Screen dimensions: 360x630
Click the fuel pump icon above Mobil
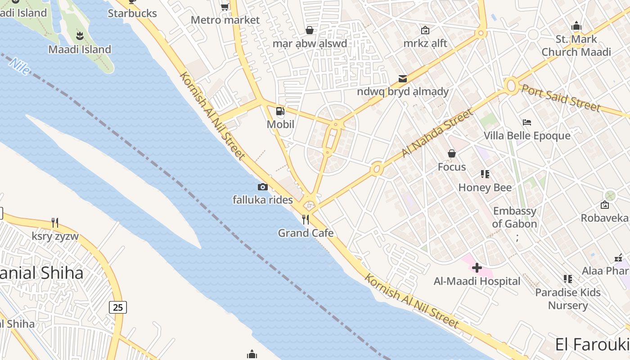coord(280,111)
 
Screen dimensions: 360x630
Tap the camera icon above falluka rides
coord(263,187)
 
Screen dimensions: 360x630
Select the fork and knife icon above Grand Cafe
coord(306,219)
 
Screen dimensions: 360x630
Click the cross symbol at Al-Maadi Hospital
coord(477,268)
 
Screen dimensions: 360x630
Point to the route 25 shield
coord(117,307)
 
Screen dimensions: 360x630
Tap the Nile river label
coord(19,66)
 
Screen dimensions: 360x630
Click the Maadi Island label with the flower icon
coord(80,49)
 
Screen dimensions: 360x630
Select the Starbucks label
coord(132,13)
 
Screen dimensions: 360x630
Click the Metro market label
coord(225,20)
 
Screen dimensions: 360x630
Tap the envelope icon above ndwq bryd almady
coord(402,79)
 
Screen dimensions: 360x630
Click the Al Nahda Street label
coord(436,133)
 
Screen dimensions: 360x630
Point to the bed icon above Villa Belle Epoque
coord(527,122)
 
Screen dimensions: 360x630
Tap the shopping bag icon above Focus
coord(452,153)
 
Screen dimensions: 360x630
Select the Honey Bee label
coord(485,187)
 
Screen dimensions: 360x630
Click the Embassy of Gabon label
coord(514,217)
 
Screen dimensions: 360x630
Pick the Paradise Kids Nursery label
coord(568,299)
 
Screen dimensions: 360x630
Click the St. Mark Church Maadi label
coord(576,45)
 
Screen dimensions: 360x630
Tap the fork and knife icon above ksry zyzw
coord(55,222)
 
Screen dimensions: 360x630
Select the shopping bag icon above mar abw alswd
coord(310,30)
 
